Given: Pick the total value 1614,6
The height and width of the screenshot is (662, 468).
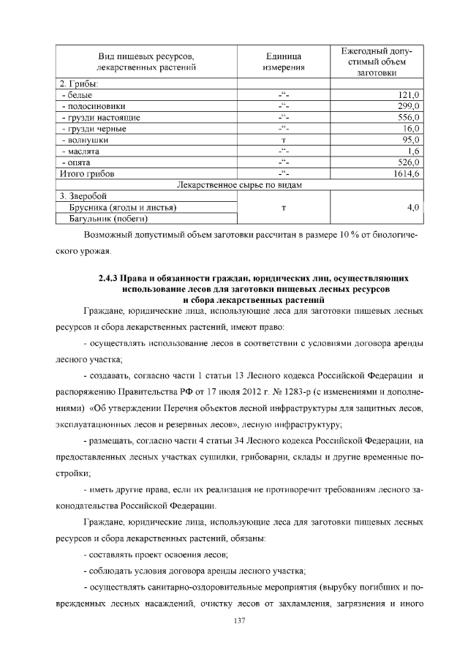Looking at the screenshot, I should point(404,173).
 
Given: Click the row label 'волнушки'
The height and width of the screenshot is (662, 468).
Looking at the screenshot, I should point(86,140).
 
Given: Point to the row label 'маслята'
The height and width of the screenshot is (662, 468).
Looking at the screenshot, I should point(82,151).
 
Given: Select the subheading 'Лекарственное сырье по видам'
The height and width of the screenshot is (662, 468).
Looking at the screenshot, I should point(240,185).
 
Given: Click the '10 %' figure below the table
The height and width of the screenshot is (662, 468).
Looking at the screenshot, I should point(330,236).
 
